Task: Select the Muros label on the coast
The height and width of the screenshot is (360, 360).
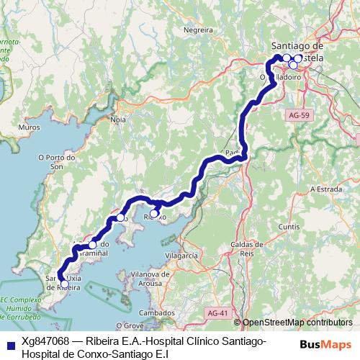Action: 29,127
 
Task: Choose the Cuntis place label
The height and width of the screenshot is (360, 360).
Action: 289,226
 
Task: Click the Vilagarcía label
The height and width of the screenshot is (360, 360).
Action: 181,256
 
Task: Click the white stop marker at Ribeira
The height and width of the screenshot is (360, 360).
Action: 65,284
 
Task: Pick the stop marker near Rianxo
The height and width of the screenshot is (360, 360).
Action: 153,213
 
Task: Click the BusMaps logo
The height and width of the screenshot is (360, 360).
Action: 325,344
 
